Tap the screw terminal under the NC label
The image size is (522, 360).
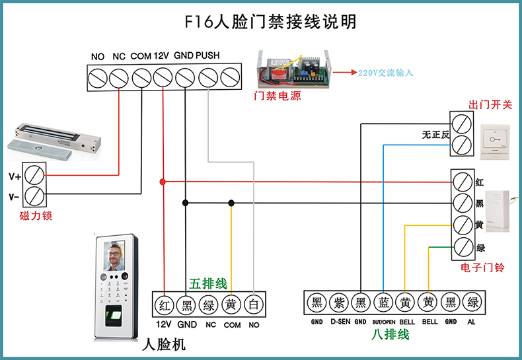click(119, 78)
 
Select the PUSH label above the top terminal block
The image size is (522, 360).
click(207, 56)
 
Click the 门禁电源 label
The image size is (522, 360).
click(278, 96)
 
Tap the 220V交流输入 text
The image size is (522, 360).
click(386, 73)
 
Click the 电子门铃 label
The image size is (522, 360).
click(482, 268)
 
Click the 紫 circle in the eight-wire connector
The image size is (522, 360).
click(339, 303)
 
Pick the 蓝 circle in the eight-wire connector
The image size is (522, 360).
click(384, 303)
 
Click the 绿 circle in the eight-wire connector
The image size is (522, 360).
click(473, 303)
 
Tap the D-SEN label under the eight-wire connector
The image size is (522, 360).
click(339, 322)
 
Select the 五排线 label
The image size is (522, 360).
click(208, 284)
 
